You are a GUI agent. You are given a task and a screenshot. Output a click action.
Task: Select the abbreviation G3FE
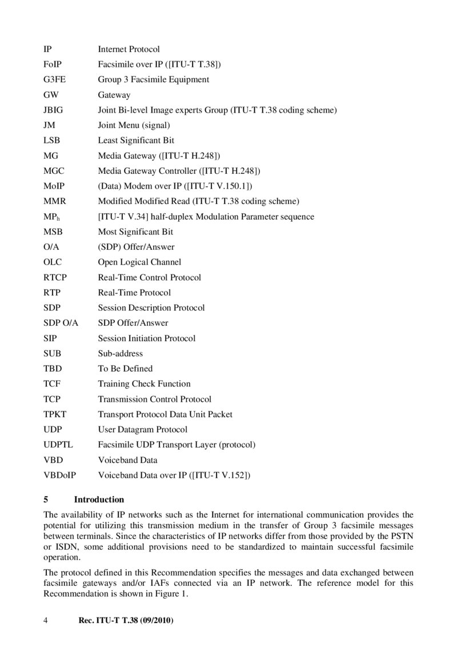point(54,79)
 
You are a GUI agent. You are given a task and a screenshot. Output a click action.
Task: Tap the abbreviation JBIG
point(54,110)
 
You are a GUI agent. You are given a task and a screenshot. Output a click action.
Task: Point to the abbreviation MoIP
point(54,186)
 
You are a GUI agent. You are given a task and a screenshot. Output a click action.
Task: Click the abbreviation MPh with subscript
point(52,217)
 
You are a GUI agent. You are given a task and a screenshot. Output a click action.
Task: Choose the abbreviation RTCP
point(55,277)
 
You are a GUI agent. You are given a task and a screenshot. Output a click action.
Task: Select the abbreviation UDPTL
point(58,444)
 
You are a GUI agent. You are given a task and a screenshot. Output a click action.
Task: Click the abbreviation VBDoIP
point(60,475)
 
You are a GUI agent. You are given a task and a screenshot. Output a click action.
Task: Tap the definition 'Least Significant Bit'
point(136,140)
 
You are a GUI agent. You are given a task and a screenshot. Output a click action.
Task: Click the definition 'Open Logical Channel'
point(139,262)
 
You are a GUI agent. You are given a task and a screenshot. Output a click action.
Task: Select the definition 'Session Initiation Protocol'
point(147,338)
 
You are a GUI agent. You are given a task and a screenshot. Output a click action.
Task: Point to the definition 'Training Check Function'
point(144,384)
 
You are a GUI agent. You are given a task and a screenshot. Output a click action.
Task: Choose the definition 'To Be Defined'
point(125,369)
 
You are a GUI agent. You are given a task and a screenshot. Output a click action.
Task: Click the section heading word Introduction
point(99,500)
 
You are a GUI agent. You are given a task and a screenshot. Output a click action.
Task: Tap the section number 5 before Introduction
point(46,500)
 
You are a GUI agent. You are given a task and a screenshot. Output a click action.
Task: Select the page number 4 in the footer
point(46,620)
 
